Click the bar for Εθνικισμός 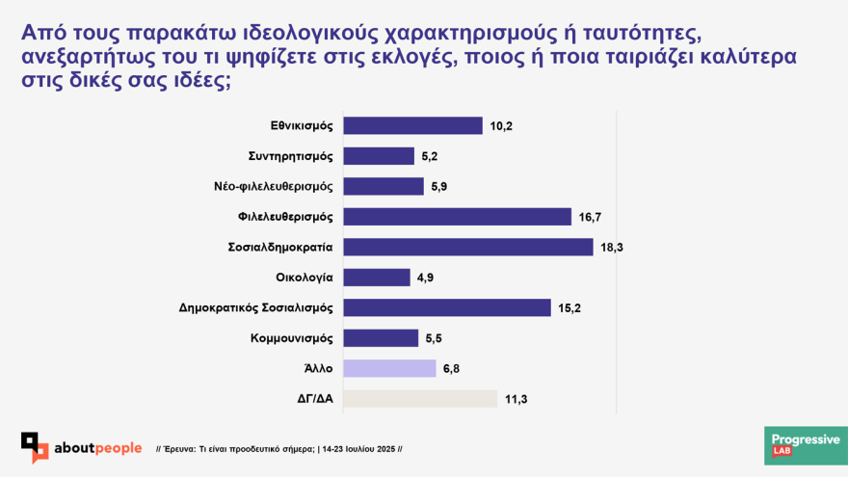coord(412,125)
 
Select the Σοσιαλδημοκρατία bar coord(467,247)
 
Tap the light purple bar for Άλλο coord(389,368)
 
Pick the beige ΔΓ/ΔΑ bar coord(420,399)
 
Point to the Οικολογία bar coord(377,278)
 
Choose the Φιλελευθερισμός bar coord(457,217)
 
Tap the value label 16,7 coord(591,217)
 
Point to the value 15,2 coord(569,308)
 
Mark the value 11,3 coord(516,399)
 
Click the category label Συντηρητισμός coord(289,156)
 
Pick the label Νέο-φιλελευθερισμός coord(273,187)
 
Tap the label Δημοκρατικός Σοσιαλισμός coord(255,308)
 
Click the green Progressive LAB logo coord(806,445)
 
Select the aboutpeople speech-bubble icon coord(36,447)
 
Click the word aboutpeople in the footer coord(99,447)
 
